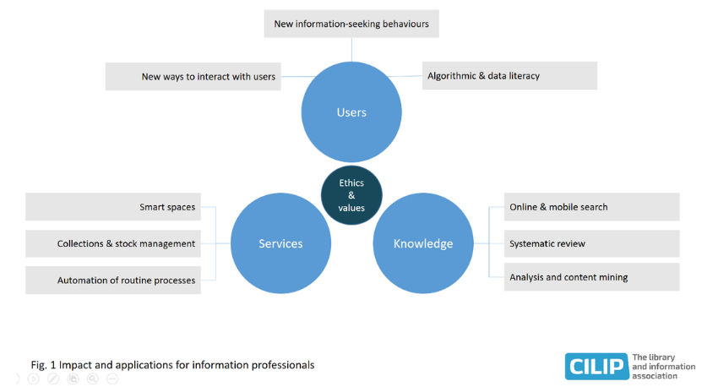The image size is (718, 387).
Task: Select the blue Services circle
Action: coord(280,244)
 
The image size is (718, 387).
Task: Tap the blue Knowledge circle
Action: coord(422,244)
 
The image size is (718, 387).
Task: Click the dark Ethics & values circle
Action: coord(351,195)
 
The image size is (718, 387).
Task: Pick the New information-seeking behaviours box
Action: coord(351,24)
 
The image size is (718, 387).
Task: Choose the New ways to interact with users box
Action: coord(193,76)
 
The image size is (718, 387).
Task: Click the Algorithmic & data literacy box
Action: coord(509,75)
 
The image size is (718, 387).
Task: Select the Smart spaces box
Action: coord(113,207)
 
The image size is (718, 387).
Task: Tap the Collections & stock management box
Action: coord(113,243)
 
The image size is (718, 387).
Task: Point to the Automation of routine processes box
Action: coord(113,280)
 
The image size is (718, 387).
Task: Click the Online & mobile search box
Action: coord(591,207)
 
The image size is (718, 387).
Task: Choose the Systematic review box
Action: coord(591,243)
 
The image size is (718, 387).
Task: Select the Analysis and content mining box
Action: coord(591,277)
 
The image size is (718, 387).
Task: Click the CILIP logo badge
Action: coord(596,366)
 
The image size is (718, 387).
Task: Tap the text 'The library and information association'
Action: coord(664,366)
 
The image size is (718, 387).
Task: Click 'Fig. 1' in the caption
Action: coord(42,365)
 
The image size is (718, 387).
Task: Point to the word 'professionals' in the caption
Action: coord(284,365)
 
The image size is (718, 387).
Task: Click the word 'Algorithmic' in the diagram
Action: coord(455,76)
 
